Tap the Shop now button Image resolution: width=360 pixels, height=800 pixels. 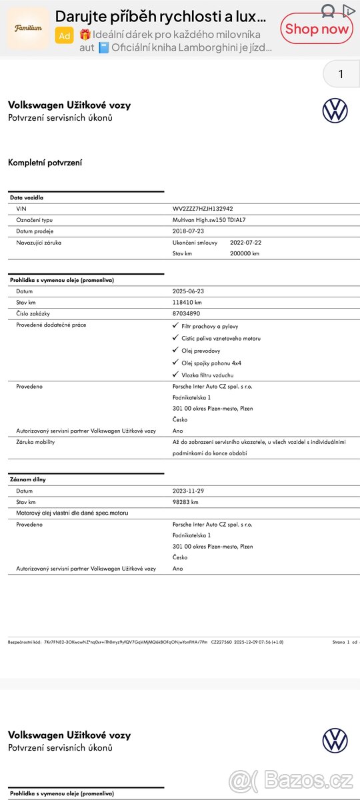(316, 29)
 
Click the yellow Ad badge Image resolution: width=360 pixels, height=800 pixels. (65, 36)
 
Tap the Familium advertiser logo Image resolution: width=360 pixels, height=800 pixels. (28, 28)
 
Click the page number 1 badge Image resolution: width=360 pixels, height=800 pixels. (341, 74)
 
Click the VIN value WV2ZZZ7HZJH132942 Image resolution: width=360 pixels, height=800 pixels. (203, 209)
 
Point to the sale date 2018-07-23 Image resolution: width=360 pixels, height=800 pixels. (188, 231)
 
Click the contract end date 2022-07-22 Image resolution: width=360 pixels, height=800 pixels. (245, 243)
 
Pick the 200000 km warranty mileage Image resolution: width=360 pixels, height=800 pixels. (244, 254)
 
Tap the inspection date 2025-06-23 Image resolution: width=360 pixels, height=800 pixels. (188, 291)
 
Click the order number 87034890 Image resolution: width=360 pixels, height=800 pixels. (186, 313)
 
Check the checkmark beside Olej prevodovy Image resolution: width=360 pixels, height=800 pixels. (175, 350)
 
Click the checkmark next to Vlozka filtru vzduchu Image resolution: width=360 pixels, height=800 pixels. (175, 375)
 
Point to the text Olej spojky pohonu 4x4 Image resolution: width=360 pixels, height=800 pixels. (211, 363)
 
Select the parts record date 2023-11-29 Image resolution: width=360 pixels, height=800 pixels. (188, 491)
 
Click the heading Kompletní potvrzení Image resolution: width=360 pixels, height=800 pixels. (45, 163)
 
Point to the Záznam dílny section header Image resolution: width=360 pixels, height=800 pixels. (28, 479)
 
